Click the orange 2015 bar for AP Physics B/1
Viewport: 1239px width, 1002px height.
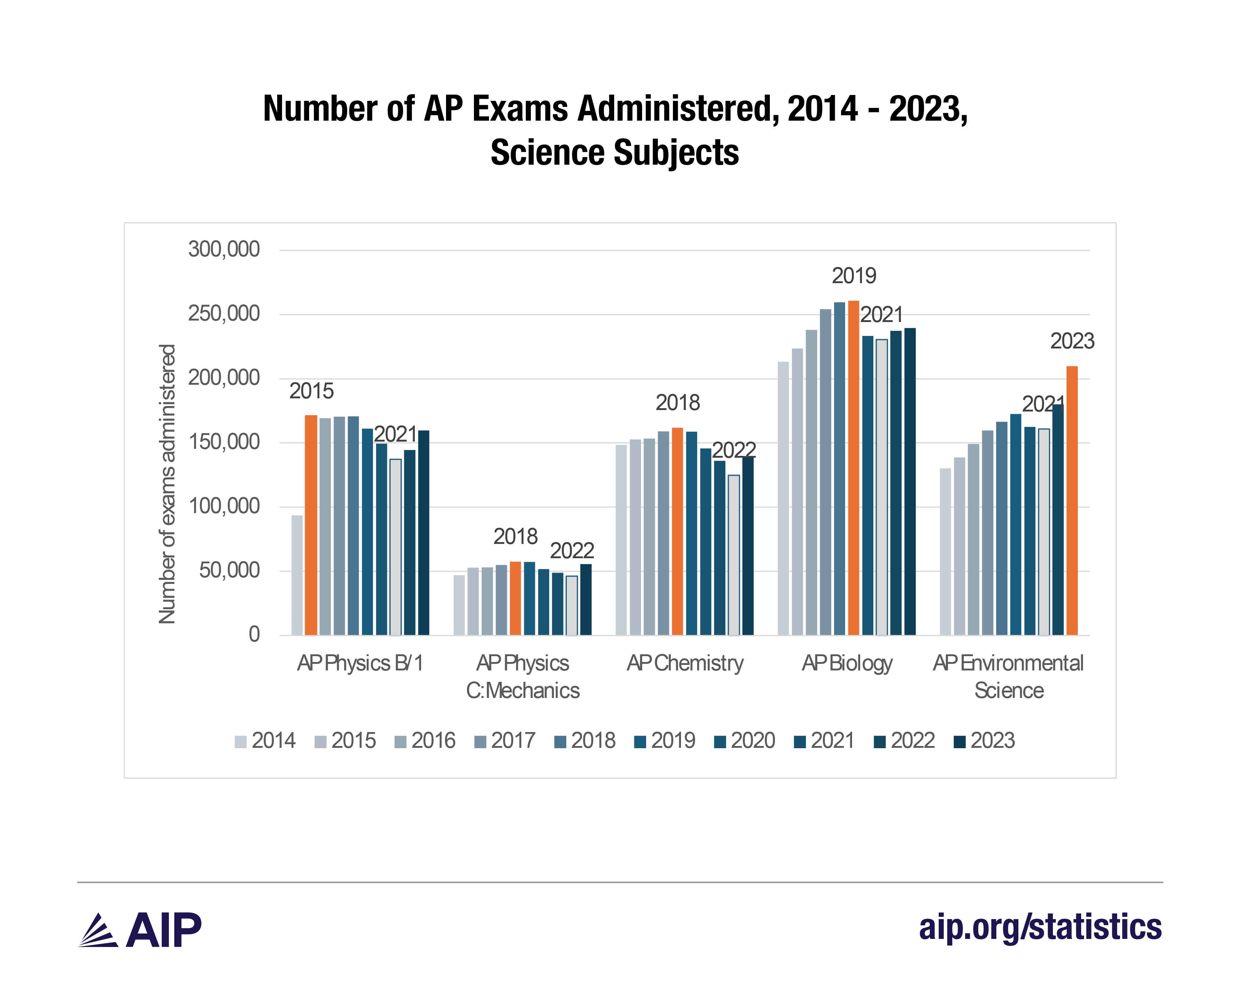311,525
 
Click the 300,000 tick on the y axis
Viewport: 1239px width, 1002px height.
224,249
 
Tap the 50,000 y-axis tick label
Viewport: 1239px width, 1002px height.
229,570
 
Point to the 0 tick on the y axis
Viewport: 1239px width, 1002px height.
254,635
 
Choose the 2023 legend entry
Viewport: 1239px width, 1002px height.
984,740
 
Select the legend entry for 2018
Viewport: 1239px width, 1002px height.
585,740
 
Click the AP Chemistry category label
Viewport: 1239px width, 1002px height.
685,663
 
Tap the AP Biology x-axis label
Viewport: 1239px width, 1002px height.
847,663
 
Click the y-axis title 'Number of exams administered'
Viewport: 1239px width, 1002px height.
167,484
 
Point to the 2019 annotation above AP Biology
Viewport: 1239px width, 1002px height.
854,276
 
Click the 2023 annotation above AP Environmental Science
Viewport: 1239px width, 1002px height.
1072,341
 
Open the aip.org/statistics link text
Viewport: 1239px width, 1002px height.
1040,928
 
